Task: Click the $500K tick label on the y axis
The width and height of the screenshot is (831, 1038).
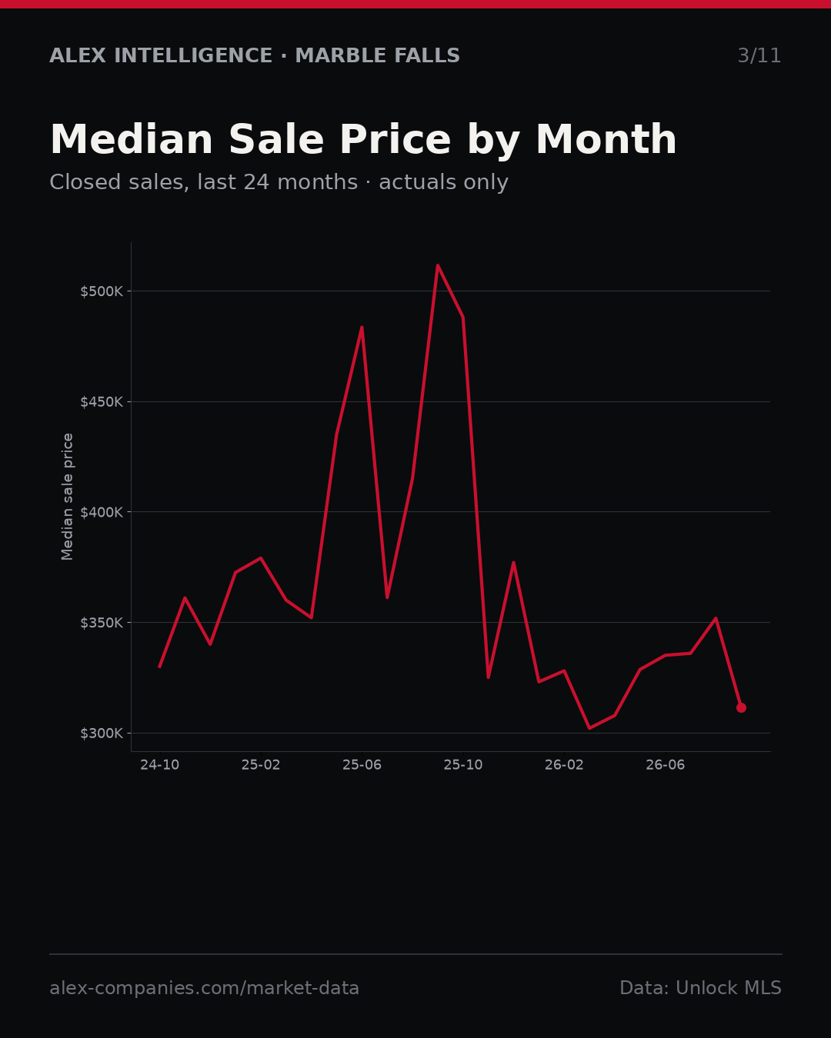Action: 102,291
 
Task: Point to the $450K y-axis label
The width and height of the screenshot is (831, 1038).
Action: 102,402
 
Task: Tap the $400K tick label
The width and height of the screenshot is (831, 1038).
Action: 102,512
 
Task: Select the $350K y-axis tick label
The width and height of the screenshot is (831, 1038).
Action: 102,623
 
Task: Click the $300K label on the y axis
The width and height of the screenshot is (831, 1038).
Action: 102,734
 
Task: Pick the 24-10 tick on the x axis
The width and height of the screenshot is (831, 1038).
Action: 160,765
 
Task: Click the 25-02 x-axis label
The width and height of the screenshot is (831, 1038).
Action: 261,765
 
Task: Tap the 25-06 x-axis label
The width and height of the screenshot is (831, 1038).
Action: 362,765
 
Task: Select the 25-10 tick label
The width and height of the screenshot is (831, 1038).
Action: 463,765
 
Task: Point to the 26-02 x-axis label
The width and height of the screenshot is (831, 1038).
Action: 564,765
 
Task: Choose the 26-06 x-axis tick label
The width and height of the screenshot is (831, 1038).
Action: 666,765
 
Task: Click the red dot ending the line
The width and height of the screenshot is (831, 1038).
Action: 741,707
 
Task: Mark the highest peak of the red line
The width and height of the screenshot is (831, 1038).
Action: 438,265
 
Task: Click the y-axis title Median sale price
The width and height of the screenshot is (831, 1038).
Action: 67,497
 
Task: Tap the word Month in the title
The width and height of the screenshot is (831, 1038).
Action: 606,140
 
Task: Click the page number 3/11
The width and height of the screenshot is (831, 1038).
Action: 759,56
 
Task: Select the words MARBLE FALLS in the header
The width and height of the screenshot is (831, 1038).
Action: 378,56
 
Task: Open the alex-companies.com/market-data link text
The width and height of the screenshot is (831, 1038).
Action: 204,988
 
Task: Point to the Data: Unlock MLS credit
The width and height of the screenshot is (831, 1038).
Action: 701,988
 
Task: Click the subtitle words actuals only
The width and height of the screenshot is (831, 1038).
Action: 443,182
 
